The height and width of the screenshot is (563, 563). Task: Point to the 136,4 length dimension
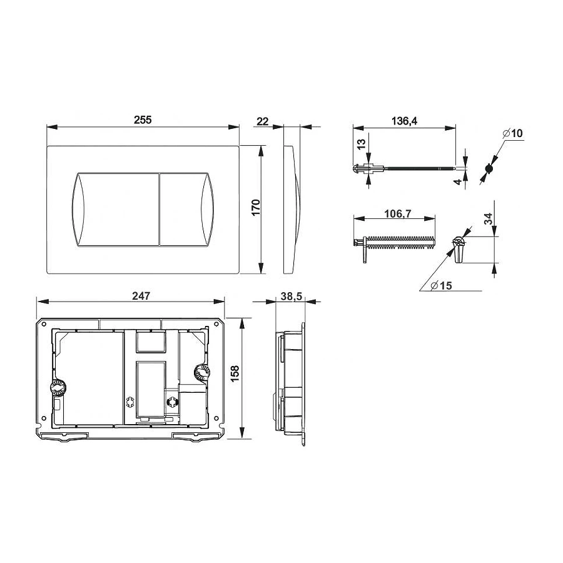pyautogui.click(x=405, y=121)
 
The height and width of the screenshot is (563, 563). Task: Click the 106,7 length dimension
pyautogui.click(x=397, y=214)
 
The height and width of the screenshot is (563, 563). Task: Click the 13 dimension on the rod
pyautogui.click(x=361, y=143)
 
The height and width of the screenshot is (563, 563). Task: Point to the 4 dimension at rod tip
pyautogui.click(x=458, y=182)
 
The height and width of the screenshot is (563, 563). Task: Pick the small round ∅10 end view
pyautogui.click(x=489, y=169)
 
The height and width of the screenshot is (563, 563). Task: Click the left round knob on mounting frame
pyautogui.click(x=58, y=388)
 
